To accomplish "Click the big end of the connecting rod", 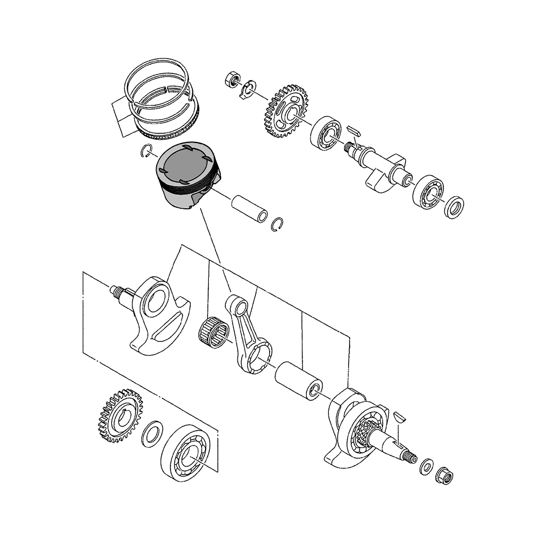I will pos(258,359).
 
